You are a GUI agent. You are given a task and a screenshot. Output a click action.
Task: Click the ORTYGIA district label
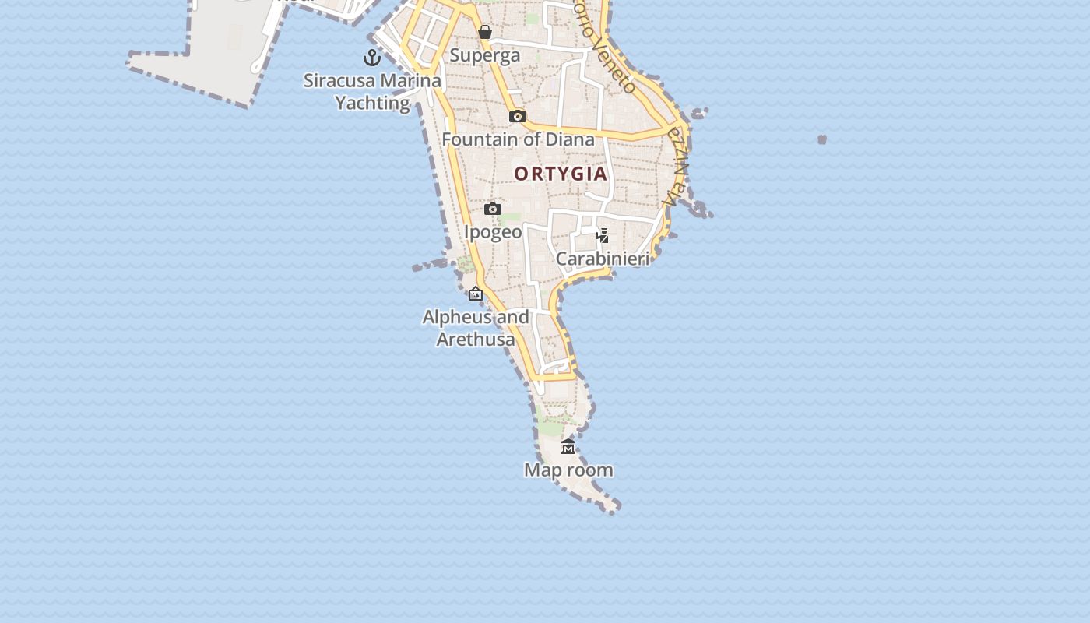(561, 174)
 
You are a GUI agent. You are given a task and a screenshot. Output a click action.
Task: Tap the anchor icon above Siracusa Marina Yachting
(372, 58)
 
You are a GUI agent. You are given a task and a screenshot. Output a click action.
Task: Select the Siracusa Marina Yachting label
(372, 91)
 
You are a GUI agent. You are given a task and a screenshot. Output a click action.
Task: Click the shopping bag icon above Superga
(485, 32)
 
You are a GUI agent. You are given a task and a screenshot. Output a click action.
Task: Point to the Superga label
(485, 55)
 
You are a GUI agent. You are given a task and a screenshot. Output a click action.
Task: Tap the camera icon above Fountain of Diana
(518, 117)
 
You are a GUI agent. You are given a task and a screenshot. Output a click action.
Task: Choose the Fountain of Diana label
(518, 139)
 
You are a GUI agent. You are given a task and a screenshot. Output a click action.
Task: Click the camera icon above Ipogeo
(493, 209)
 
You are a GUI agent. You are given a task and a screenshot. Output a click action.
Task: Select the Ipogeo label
(493, 232)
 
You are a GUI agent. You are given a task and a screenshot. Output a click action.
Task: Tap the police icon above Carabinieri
(602, 235)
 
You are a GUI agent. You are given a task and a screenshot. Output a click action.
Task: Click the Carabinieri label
(603, 259)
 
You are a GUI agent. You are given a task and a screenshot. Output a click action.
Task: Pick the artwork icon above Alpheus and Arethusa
(476, 294)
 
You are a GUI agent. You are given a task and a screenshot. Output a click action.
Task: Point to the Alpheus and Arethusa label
(476, 328)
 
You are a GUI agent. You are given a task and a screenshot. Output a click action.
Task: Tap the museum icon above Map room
(568, 447)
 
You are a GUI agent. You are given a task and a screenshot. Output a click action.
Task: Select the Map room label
(568, 470)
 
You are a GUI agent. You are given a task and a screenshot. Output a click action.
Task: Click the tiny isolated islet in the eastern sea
(822, 139)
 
